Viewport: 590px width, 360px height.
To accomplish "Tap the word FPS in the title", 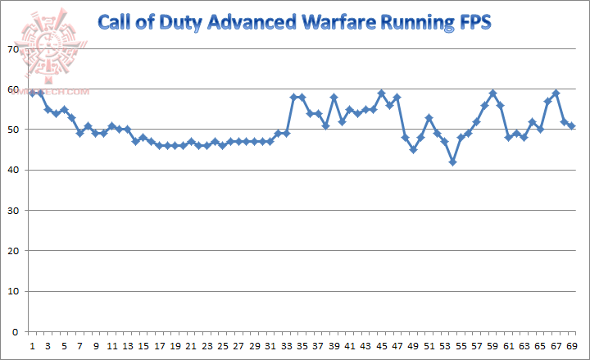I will tap(474, 22).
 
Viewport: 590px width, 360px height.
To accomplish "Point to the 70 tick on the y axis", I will tap(11, 49).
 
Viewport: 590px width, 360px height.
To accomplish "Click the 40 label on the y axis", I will tap(11, 171).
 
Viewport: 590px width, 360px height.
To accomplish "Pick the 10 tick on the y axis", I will tap(11, 292).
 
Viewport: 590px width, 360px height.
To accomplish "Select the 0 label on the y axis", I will tap(15, 332).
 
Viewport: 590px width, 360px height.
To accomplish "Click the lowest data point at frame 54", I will tap(452, 162).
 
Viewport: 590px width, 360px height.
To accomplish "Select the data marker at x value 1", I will tap(32, 93).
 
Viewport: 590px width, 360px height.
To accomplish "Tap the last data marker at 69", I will tap(571, 125).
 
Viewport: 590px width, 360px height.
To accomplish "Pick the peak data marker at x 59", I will tap(492, 93).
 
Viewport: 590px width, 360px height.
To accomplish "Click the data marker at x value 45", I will tap(381, 93).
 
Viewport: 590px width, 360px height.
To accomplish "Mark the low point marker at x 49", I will tap(413, 150).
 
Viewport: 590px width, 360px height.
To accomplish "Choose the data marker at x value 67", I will tap(556, 93).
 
